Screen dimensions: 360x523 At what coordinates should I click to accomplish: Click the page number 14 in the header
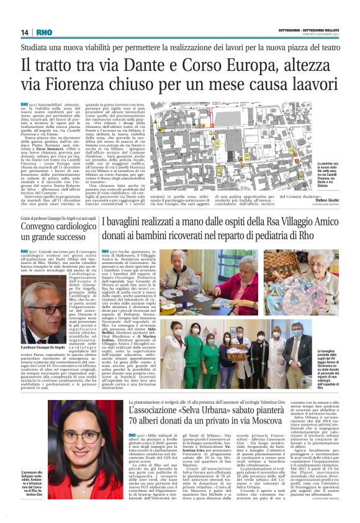[x=25, y=32]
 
